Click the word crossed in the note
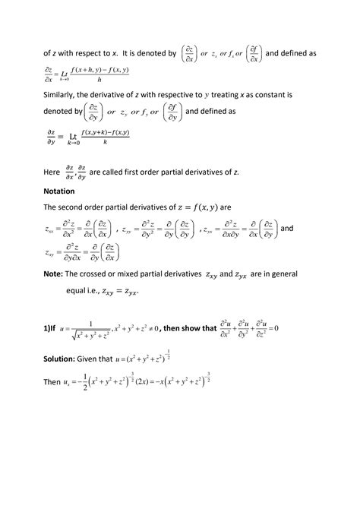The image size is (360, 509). click(x=105, y=273)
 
